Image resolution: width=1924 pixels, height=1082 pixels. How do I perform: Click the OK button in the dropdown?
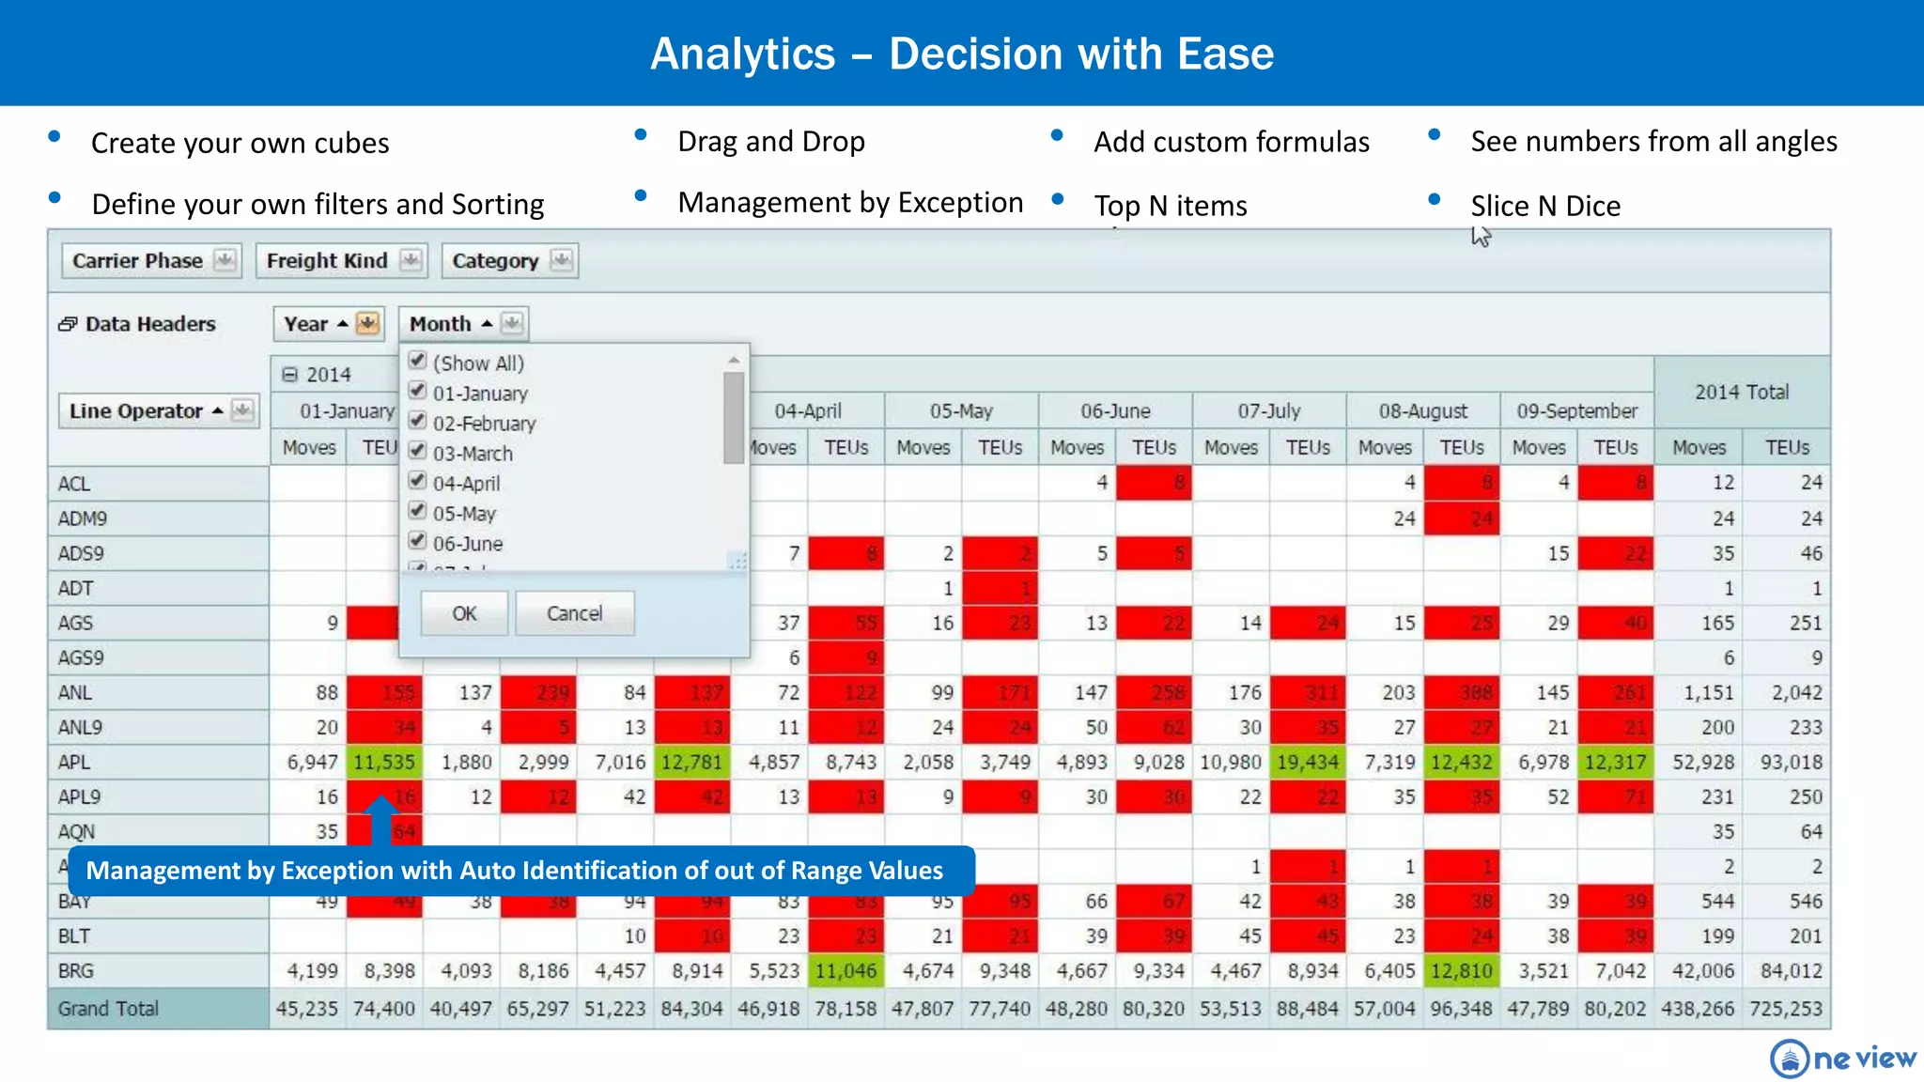[464, 613]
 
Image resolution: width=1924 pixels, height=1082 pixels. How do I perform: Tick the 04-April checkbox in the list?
[418, 481]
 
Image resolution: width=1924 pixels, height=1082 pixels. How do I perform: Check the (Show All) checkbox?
[418, 361]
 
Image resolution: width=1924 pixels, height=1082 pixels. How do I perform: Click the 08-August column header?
[1422, 411]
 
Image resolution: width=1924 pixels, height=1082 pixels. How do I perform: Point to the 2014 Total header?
[1741, 393]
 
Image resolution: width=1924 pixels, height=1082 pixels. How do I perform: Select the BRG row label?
[76, 970]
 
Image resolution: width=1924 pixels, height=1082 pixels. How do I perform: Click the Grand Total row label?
[108, 1009]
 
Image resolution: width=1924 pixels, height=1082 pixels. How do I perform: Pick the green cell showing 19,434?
[1307, 762]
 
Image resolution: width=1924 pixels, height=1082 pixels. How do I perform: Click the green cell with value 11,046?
[846, 970]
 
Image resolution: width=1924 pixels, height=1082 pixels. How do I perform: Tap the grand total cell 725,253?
[1785, 1009]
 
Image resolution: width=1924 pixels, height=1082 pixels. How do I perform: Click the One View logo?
[1842, 1059]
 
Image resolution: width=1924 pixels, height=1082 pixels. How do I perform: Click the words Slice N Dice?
[1545, 206]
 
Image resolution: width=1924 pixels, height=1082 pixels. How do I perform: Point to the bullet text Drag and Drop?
[770, 142]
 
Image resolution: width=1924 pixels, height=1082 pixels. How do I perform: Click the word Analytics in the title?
[742, 54]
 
